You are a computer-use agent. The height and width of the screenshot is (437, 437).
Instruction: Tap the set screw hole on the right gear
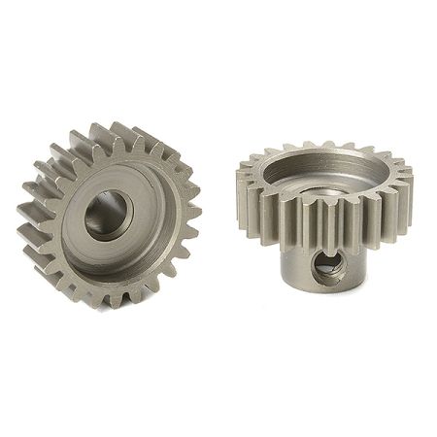click(x=326, y=266)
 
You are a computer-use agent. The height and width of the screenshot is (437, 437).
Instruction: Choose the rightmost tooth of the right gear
click(x=405, y=185)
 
